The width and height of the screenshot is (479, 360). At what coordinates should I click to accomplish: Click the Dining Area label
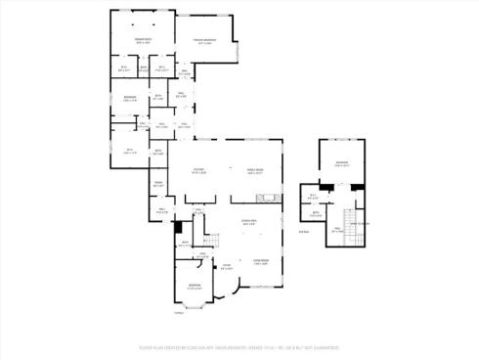[249, 224]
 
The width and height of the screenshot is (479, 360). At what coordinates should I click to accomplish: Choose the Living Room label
[260, 260]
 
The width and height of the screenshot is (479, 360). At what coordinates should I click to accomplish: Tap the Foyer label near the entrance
[226, 266]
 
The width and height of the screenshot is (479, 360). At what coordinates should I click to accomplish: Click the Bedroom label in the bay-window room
[195, 288]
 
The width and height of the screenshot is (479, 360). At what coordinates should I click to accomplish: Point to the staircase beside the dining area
[209, 239]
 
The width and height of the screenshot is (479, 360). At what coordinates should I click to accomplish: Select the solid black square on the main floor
[176, 226]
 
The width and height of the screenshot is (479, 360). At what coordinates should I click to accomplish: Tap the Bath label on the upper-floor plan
[315, 214]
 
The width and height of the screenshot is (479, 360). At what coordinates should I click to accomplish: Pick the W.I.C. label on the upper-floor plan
[314, 197]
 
